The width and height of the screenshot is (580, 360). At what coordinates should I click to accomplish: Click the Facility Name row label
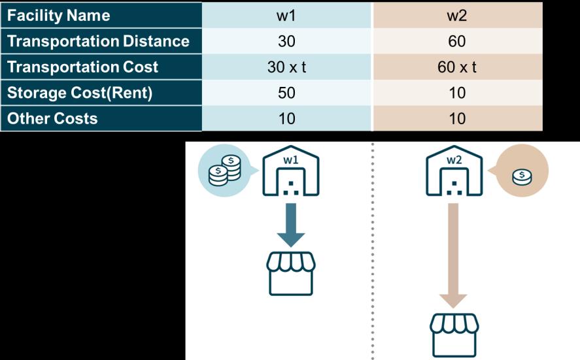pos(59,15)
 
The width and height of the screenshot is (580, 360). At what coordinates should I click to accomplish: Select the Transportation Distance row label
pos(98,41)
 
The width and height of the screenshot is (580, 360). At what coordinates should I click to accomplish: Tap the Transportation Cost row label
pos(82,67)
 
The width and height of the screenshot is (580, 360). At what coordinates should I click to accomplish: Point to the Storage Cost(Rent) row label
pos(80,93)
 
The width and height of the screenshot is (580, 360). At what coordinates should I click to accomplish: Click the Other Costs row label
pos(52,118)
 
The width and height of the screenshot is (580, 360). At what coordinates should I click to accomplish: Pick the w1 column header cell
pos(286,15)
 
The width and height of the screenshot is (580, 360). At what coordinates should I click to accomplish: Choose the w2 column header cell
pos(457,15)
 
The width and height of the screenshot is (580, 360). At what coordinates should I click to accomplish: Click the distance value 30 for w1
pos(286,41)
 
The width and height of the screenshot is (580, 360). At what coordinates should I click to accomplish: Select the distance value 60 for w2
pos(457,41)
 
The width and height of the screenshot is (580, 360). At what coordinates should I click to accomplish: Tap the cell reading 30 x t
pos(286,67)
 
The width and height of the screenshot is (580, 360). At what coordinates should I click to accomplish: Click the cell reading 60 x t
pos(457,67)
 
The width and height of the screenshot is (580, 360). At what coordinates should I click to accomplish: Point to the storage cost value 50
pos(286,93)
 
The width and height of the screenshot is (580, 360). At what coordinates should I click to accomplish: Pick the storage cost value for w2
pos(457,93)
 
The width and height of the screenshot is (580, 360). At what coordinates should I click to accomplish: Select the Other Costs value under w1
pos(286,118)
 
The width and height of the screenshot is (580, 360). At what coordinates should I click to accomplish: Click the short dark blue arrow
pos(291,223)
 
